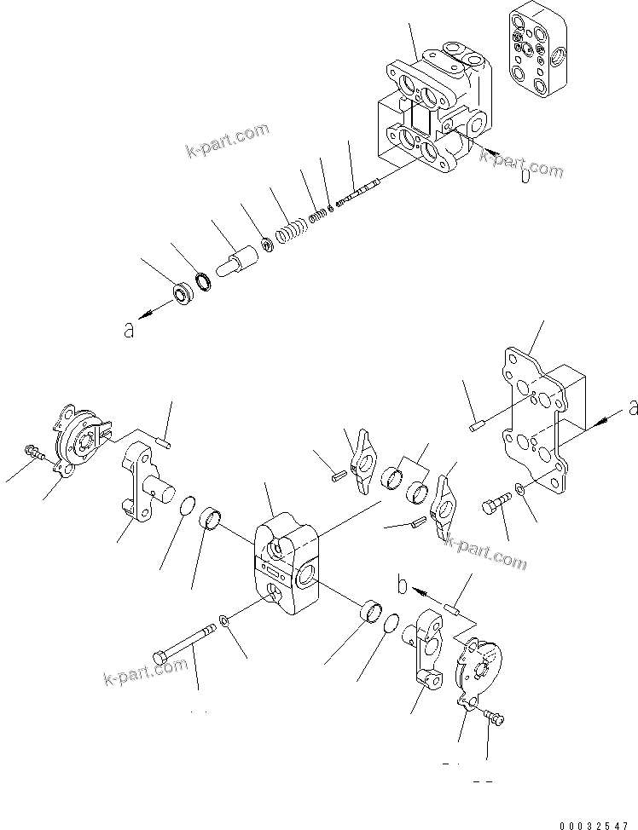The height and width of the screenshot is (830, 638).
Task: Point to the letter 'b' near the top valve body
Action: pos(525,176)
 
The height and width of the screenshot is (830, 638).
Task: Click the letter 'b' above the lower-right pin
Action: pos(403,587)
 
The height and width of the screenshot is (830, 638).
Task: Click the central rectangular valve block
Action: pos(286,563)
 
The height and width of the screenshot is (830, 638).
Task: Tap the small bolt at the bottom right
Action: pos(494,719)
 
